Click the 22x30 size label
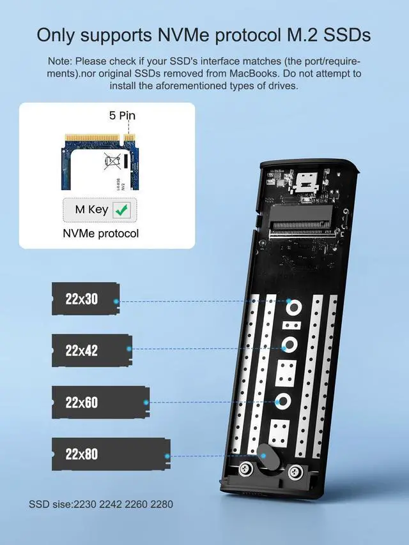point(82,298)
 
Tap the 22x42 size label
point(82,350)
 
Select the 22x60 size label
point(82,403)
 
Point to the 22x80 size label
point(82,454)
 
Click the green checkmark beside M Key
point(120,209)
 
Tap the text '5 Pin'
point(121,116)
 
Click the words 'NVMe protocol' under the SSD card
point(101,234)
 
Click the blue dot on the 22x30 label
point(116,301)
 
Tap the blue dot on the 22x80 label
point(167,456)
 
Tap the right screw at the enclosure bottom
point(295,472)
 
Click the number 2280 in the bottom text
point(160,504)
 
